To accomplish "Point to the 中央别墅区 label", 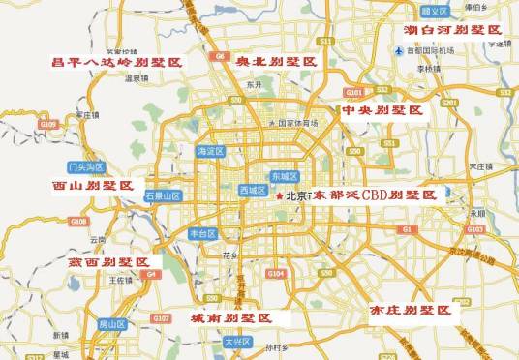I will click(x=382, y=111).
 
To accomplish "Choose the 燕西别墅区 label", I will click(x=108, y=262).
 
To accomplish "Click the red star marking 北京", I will click(x=280, y=197).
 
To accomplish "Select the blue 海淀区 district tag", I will click(x=210, y=152).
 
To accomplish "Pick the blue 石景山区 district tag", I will click(x=163, y=195).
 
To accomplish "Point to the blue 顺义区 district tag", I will click(x=438, y=11).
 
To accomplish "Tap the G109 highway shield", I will click(x=48, y=124).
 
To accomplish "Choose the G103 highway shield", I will click(x=474, y=229).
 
